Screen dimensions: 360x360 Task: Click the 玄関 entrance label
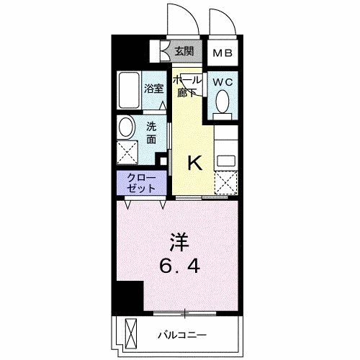point(184,51)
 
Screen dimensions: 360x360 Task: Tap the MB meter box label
point(222,53)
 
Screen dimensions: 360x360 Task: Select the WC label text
point(223,82)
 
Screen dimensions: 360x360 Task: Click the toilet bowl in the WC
point(222,102)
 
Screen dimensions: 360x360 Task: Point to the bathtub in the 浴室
point(129,90)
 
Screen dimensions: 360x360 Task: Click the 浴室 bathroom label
point(153,89)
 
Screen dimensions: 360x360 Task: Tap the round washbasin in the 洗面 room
point(126,127)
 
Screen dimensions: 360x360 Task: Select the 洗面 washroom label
point(151,133)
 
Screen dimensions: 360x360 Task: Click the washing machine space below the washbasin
point(127,153)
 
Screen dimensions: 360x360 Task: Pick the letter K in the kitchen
point(195,163)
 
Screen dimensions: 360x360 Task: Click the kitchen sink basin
point(226,161)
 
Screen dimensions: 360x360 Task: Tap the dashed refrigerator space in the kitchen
point(226,183)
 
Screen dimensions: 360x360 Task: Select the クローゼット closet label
point(141,183)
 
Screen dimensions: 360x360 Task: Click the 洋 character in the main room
point(180,242)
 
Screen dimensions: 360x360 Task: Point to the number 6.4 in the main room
point(180,266)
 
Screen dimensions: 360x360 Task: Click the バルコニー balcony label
point(182,335)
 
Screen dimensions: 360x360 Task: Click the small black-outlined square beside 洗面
point(163,161)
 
